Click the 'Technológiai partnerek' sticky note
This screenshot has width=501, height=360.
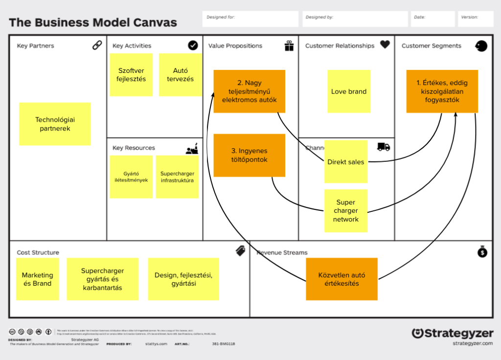coord(55,124)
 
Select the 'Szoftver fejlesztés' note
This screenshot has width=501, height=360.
coord(131,75)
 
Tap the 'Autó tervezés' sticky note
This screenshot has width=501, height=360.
coord(180,75)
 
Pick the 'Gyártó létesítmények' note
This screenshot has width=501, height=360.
coord(131,177)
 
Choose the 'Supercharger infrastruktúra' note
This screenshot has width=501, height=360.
coord(177,177)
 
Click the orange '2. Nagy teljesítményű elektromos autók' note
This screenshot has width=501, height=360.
coord(249,91)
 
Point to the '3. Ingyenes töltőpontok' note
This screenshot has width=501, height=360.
coord(249,155)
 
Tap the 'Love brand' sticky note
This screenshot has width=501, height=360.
coord(349,91)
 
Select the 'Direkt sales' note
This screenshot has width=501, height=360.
coord(346,162)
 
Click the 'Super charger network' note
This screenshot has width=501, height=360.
coord(346,211)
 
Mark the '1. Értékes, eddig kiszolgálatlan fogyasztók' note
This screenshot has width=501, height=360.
coord(442,91)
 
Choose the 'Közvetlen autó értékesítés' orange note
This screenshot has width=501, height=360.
coord(342,279)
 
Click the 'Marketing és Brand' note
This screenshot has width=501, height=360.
coord(37,279)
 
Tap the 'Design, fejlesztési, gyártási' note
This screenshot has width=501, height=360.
coord(183,279)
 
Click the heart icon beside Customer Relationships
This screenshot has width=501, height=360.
coord(385,45)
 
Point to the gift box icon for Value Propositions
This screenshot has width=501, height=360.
coord(289,45)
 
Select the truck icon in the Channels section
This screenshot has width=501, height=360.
coord(384,147)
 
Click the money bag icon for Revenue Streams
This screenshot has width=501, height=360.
coord(482,251)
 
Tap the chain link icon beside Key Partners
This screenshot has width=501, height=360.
coord(97,45)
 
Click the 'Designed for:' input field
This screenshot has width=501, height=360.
coord(250,19)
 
